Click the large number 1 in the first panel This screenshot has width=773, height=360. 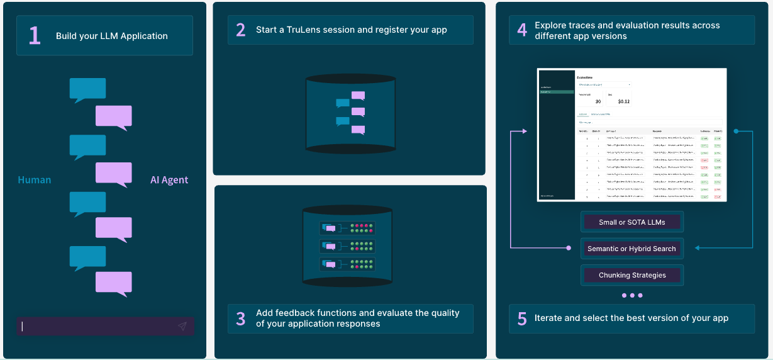35,36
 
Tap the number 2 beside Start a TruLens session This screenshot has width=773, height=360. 241,30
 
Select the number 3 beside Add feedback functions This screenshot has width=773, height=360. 241,318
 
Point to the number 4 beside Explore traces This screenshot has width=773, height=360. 522,30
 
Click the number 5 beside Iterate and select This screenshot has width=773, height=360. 522,318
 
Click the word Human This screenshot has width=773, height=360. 35,180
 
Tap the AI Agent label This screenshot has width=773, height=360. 169,180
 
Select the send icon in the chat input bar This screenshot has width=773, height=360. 182,326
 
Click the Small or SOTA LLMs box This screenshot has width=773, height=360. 631,222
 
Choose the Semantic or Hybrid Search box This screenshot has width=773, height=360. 631,249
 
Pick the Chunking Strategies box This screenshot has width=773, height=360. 631,275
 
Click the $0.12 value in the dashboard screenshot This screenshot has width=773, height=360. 623,101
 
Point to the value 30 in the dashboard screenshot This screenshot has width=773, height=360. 597,101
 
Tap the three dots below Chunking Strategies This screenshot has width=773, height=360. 631,295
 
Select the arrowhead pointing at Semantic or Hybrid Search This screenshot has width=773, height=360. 698,248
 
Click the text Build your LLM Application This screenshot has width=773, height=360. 111,36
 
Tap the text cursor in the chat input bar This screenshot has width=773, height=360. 23,326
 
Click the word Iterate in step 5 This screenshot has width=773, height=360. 548,318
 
